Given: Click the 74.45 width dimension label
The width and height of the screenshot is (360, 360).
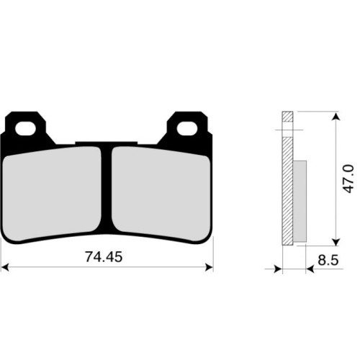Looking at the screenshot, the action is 104,257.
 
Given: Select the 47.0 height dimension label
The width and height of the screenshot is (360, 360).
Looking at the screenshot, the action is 348,179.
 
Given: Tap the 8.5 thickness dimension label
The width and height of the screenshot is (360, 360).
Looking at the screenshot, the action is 328,260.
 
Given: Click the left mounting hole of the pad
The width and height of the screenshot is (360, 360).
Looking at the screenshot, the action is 25,128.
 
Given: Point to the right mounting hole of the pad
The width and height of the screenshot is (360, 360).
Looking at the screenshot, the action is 187,128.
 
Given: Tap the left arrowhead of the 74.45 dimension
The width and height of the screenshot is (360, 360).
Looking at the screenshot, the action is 5,267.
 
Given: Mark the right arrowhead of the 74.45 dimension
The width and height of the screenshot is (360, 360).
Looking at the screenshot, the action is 210,267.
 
